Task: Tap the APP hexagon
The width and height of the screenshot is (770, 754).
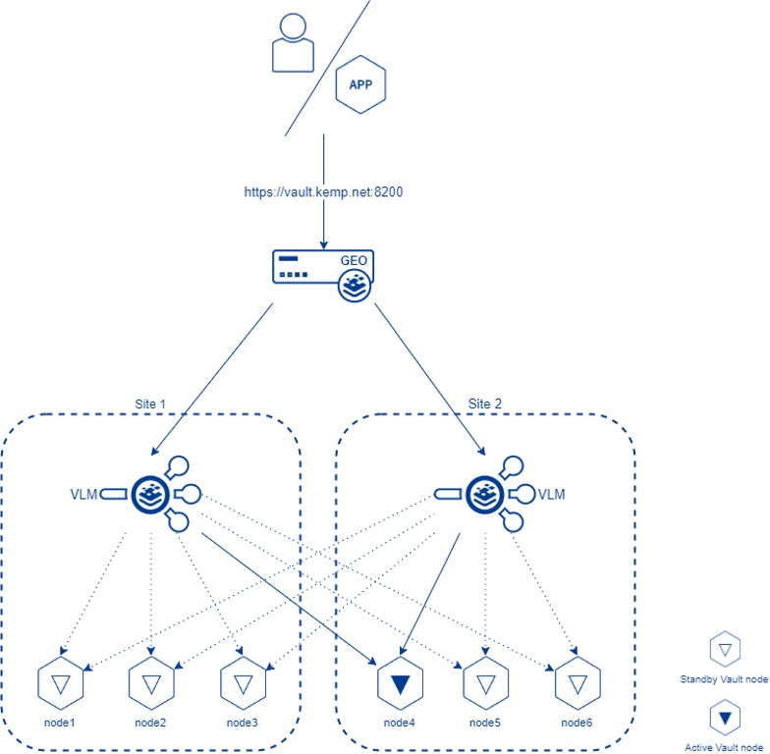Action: (x=360, y=85)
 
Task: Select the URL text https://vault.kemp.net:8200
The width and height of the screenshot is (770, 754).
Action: (x=323, y=193)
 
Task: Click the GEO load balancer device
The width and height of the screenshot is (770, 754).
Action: (x=324, y=273)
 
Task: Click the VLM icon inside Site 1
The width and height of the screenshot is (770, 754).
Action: (x=152, y=492)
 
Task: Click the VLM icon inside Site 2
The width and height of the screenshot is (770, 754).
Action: (x=486, y=492)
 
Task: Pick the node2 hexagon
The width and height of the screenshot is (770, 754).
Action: (x=150, y=685)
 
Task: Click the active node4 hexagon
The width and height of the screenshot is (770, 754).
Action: (x=400, y=685)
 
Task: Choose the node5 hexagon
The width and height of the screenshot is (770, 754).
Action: (x=484, y=685)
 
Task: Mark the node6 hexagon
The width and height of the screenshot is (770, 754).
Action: (x=577, y=685)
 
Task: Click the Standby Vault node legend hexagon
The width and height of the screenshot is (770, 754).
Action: (x=724, y=650)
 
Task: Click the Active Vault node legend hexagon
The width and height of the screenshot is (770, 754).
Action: (x=724, y=719)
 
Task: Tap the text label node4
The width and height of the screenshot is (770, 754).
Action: (x=400, y=724)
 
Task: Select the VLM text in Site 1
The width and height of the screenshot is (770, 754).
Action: (x=84, y=494)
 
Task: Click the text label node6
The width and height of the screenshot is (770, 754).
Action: (x=577, y=724)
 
